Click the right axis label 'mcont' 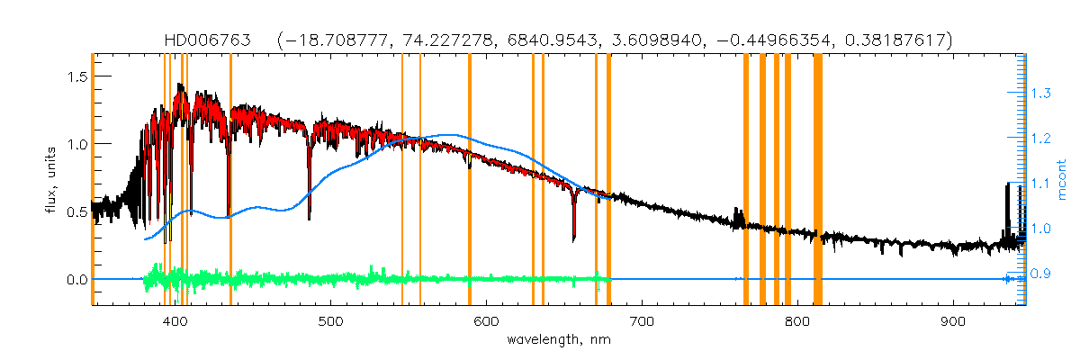(1062, 178)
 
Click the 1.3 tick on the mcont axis (1040, 93)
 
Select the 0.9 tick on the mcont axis (1040, 274)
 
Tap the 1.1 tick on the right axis (1040, 184)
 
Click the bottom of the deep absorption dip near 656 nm (574, 240)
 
